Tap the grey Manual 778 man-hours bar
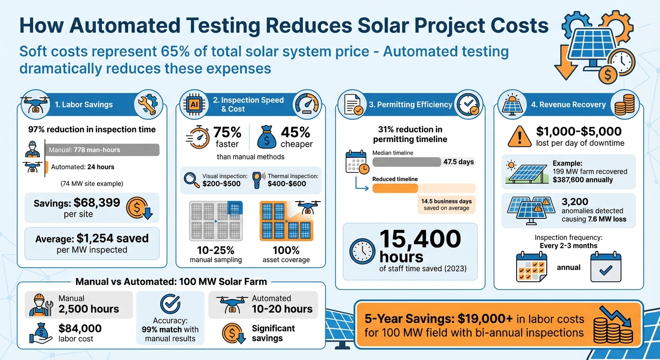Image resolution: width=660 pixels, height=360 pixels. tap(103, 150)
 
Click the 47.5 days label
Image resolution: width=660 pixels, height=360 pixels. tap(458, 162)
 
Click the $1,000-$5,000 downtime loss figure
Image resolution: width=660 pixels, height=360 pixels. tap(579, 132)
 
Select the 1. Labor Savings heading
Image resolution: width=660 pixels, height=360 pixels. tap(83, 105)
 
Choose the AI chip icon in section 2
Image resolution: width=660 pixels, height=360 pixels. tap(194, 104)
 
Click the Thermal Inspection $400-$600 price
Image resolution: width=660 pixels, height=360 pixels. tap(287, 183)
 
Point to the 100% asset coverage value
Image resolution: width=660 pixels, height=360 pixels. tap(286, 250)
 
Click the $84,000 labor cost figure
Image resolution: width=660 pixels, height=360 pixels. tap(80, 329)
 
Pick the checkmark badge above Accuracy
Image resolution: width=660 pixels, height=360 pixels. tap(170, 304)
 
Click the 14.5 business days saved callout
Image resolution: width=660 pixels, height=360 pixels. tap(446, 204)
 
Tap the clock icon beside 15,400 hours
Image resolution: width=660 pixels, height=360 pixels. tap(362, 251)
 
